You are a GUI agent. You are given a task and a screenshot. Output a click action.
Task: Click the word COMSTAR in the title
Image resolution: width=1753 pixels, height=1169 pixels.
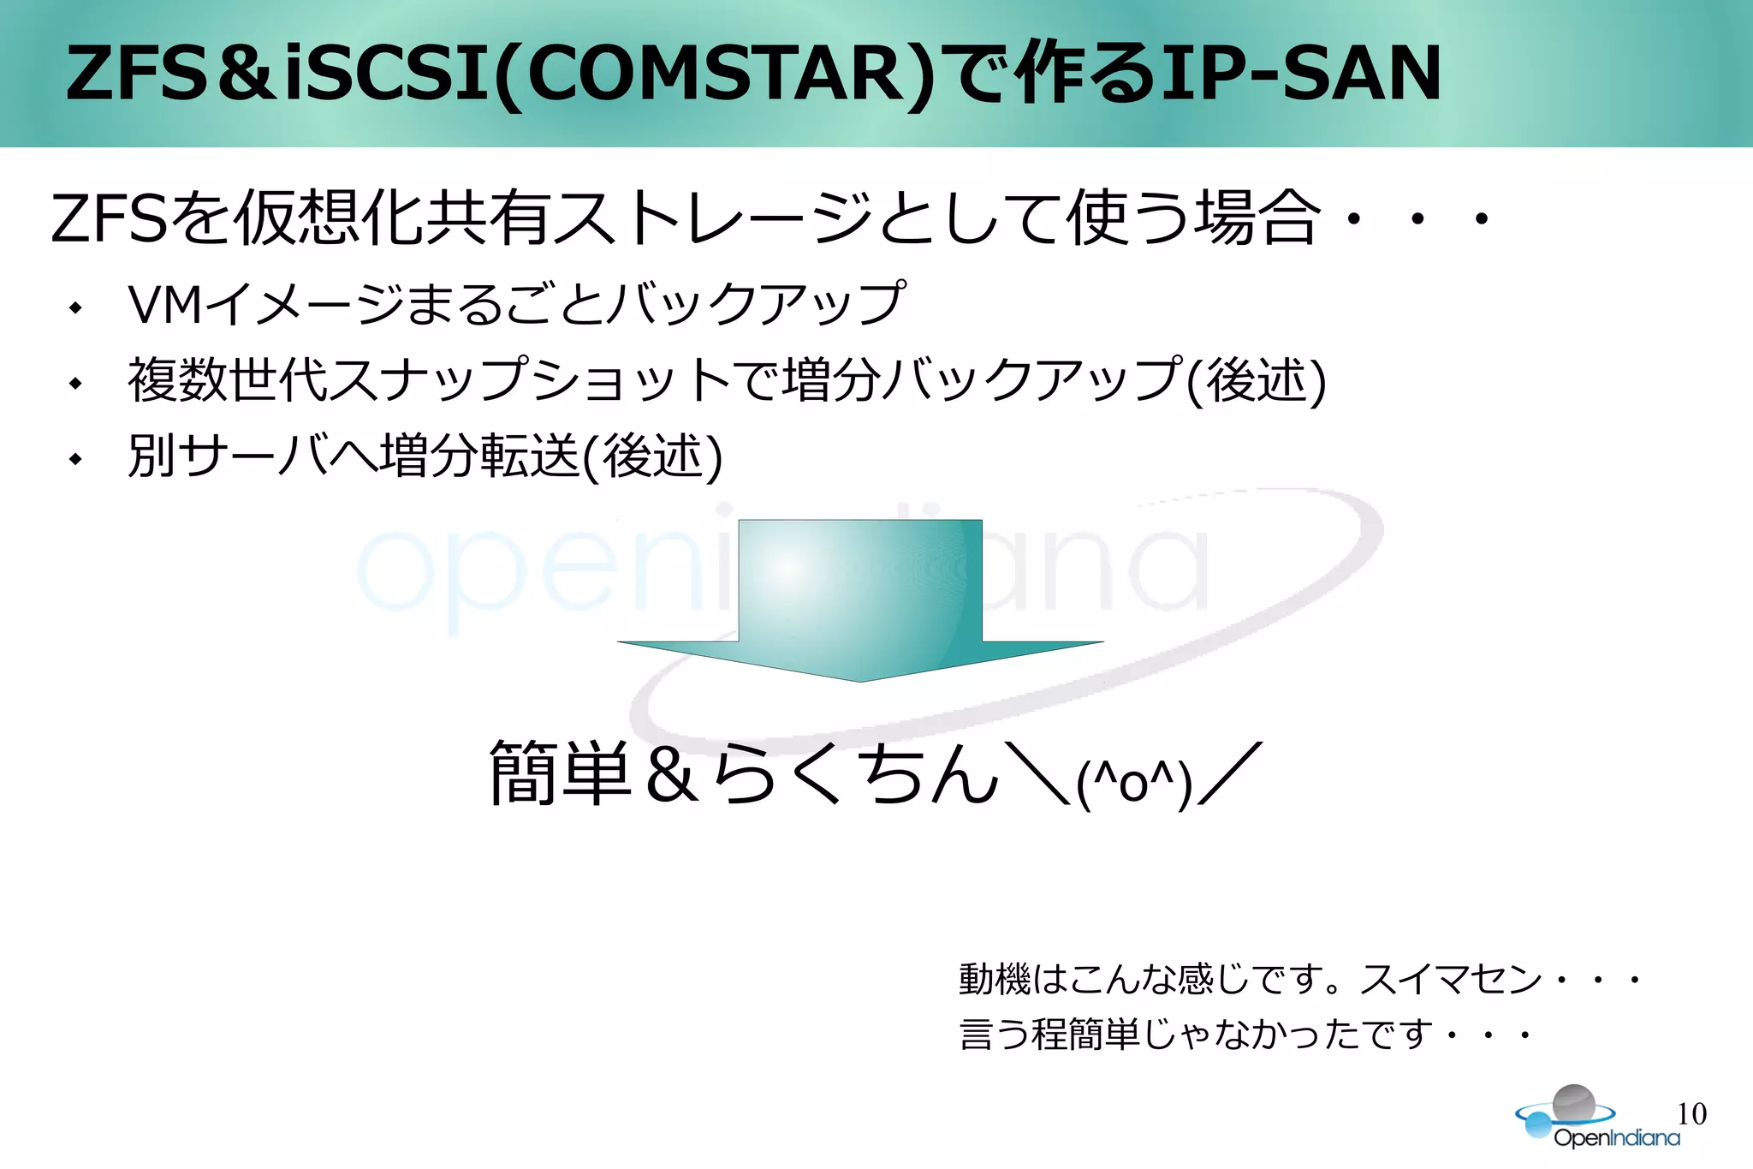(715, 75)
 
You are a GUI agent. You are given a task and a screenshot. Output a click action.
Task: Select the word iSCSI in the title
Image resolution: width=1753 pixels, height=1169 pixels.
(387, 75)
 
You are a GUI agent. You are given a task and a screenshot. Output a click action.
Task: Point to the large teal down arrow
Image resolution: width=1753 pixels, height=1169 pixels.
(860, 599)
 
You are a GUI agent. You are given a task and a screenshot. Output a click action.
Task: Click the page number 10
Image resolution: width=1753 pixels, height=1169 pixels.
(1691, 1113)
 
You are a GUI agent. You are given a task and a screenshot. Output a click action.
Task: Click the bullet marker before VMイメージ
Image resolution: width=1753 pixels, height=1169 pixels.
(76, 307)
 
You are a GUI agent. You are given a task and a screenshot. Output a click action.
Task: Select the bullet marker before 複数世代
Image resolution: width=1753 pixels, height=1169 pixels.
(76, 383)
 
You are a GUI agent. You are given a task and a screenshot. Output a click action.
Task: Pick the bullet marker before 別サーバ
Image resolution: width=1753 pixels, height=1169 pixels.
(76, 458)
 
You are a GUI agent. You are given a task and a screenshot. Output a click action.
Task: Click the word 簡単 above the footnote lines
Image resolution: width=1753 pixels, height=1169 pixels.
(561, 774)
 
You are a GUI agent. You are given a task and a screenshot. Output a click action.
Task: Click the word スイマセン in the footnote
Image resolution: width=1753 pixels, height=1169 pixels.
(1451, 979)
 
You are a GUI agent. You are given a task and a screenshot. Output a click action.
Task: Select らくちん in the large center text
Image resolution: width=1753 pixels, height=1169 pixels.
(856, 774)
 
